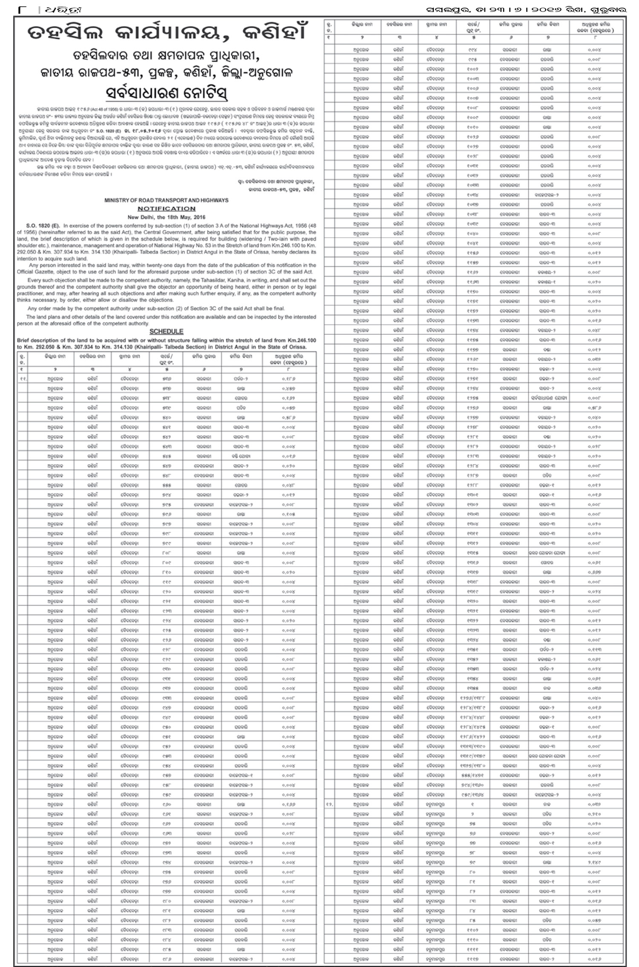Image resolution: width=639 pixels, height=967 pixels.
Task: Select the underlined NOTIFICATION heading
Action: [x=166, y=209]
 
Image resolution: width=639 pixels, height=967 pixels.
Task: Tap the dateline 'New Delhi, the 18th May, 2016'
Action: [x=166, y=216]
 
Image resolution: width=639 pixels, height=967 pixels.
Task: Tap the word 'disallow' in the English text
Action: [x=123, y=300]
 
